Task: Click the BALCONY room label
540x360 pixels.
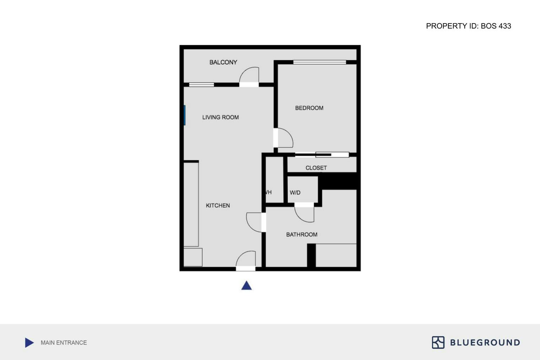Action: click(223, 62)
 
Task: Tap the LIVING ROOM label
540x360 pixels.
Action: click(220, 117)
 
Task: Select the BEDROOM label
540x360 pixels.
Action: click(309, 108)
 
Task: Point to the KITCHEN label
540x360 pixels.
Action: click(218, 205)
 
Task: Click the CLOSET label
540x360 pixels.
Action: click(316, 168)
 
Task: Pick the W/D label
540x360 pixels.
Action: click(295, 193)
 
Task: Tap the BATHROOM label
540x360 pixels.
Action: click(302, 235)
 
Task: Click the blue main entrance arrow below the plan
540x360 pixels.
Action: click(247, 286)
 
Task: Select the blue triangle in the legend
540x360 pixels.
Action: click(29, 343)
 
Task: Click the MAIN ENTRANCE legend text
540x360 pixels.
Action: click(64, 343)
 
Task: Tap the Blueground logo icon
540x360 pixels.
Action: click(438, 342)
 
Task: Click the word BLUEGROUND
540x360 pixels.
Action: click(485, 343)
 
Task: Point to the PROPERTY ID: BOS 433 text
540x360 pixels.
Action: click(468, 26)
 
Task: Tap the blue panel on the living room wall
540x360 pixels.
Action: click(185, 115)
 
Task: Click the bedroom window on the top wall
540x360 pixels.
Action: click(319, 62)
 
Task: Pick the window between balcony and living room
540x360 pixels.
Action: click(201, 85)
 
